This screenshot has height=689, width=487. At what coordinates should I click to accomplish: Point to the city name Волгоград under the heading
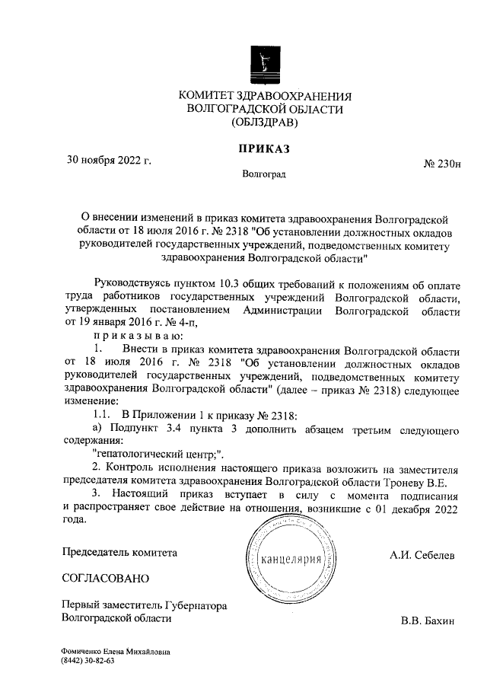(x=264, y=175)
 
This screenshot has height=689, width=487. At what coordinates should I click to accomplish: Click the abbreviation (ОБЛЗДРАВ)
(x=264, y=122)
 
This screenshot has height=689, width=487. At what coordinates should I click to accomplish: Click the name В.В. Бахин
(x=427, y=621)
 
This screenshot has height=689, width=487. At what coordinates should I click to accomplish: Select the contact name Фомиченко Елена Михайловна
(x=116, y=652)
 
